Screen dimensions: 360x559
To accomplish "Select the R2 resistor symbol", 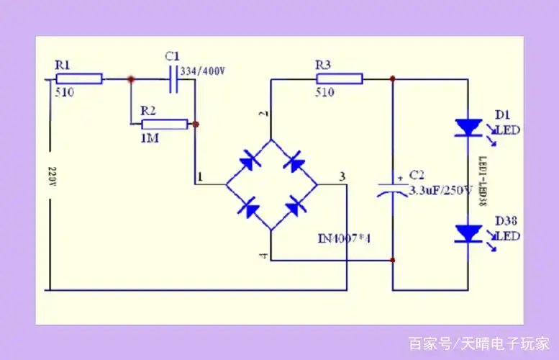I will (x=165, y=125).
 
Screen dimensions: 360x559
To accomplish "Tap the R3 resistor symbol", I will (x=339, y=78).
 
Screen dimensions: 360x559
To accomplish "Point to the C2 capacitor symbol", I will (x=393, y=187).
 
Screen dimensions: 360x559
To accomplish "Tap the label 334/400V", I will (x=204, y=71).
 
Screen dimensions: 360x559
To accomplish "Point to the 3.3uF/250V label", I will (x=440, y=191).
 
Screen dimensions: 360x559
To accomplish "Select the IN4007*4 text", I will (x=344, y=238).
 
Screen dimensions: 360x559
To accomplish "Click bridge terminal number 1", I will (x=200, y=176).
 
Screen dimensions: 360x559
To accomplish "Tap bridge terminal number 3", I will (x=342, y=176).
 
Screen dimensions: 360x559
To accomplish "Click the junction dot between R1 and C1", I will (x=130, y=79).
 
